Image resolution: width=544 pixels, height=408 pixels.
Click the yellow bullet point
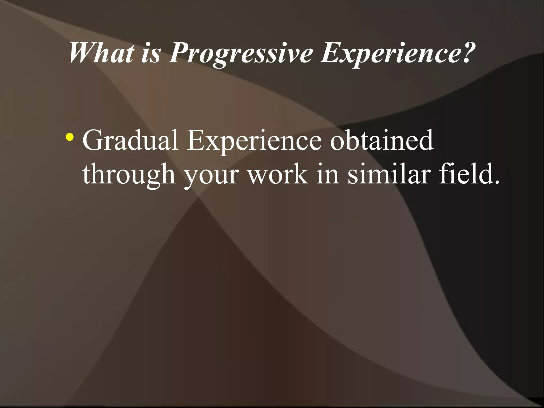70,138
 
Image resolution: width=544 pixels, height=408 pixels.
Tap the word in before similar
328,174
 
